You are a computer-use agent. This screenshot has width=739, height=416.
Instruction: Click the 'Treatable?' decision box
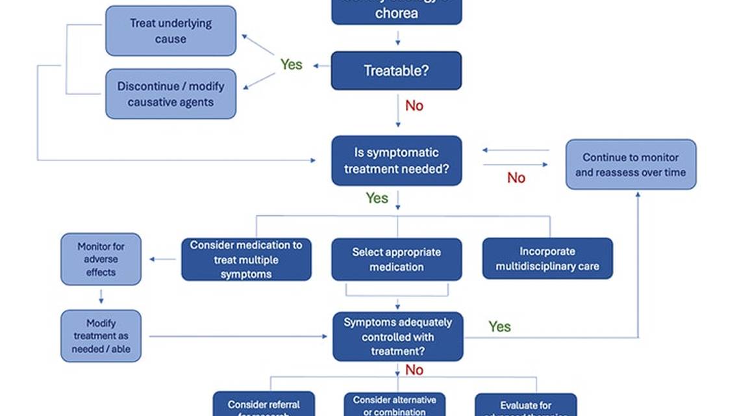396,70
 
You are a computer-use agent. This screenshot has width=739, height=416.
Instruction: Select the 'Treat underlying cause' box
171,31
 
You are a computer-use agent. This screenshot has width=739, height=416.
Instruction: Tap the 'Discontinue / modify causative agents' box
171,94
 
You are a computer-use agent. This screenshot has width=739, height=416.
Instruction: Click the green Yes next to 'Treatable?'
291,64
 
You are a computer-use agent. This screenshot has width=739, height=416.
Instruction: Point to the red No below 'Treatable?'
414,105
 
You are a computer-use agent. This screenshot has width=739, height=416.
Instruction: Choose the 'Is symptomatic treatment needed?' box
396,161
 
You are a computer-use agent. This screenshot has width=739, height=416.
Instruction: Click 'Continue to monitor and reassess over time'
630,165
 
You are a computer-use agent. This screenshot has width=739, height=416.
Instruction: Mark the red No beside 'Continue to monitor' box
516,178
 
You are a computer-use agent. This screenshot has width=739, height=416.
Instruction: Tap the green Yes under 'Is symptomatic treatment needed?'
377,198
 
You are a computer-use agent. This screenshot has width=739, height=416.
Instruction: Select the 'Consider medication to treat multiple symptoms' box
246,259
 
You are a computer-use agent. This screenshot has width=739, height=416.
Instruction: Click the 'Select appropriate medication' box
396,259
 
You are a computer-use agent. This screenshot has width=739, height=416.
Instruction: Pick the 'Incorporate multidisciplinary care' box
547,259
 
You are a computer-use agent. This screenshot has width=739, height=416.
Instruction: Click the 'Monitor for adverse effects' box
101,259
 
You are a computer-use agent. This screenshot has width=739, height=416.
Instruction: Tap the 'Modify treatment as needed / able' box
101,336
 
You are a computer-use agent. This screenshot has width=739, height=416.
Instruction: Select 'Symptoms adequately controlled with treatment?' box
397,337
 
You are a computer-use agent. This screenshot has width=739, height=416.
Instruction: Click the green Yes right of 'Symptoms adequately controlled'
499,327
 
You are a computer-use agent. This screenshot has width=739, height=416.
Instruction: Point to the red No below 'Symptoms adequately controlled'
414,370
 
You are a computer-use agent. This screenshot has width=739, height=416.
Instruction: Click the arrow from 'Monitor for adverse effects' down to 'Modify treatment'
101,297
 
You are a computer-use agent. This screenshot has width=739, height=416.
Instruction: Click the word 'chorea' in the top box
396,13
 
